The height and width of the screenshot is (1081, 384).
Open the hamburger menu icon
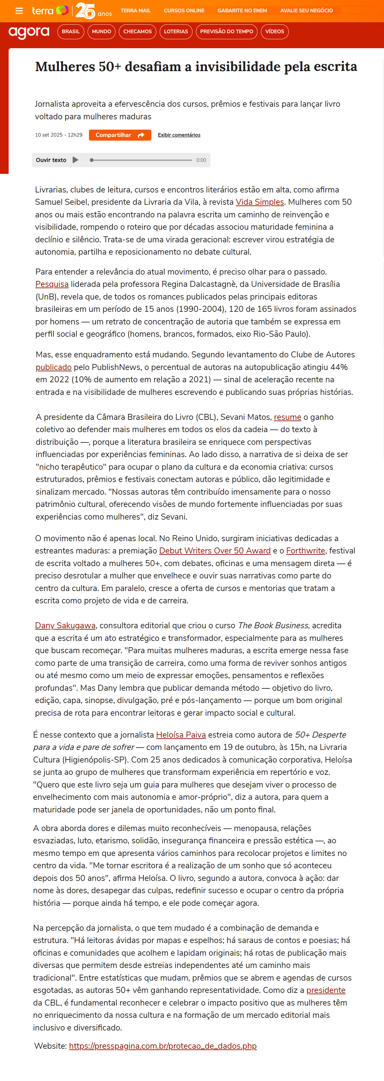19,11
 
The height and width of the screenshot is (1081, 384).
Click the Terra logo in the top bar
50,11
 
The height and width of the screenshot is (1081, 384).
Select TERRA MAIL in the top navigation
135,11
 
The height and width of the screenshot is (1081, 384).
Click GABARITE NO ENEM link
242,11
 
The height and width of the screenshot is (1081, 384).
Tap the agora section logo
29,32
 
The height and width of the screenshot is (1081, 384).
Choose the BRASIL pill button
70,32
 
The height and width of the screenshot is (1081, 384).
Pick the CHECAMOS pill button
137,32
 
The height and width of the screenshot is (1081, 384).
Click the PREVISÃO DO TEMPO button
226,32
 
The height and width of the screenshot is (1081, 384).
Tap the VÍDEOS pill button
274,32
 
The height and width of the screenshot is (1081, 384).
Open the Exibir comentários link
179,135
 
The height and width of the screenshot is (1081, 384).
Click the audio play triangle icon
75,160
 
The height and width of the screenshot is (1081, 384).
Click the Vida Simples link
260,202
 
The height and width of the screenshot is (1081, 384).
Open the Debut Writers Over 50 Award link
215,550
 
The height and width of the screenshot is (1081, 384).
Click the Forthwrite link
305,550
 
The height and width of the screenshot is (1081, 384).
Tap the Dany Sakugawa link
65,625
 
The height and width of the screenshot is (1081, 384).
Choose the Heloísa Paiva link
181,735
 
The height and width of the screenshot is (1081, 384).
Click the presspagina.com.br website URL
163,1046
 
